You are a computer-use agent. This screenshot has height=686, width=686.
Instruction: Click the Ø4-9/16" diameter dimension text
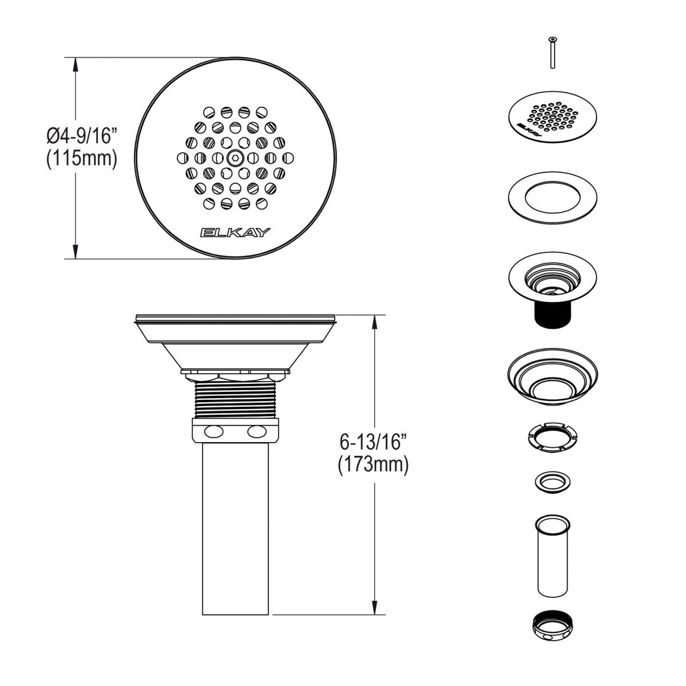[81, 136]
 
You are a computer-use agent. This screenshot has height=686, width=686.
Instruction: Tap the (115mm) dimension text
[81, 159]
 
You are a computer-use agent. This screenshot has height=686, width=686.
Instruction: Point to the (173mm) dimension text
[374, 465]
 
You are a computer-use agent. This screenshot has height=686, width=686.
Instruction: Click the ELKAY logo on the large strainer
[235, 232]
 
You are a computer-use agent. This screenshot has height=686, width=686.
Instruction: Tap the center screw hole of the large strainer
[235, 158]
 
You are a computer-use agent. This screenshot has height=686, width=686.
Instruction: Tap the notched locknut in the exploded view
[552, 438]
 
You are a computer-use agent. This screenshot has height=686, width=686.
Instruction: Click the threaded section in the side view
[235, 399]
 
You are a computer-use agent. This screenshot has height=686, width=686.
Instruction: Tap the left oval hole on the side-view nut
[212, 431]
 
